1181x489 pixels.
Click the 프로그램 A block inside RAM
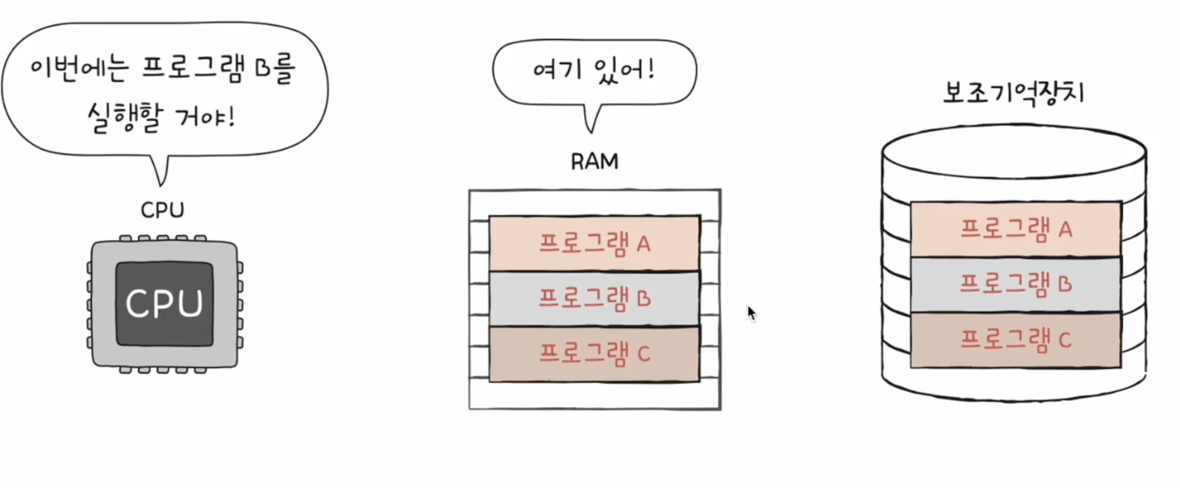pos(594,243)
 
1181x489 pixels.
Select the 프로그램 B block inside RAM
pos(594,297)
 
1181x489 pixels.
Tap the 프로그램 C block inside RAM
pos(594,354)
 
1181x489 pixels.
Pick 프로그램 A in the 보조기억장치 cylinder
pos(1015,229)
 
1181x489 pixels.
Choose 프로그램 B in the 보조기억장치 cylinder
pos(1015,284)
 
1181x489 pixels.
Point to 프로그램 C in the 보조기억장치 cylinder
pos(1015,340)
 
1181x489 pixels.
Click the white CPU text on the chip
pos(164,304)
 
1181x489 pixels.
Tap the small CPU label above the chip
pos(163,211)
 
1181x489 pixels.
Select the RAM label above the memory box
pos(594,162)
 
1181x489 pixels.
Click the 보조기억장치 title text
pos(1014,94)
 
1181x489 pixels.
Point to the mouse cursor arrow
pos(751,312)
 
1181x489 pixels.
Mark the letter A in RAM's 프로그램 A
pos(642,244)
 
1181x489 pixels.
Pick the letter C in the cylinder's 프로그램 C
pos(1065,341)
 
